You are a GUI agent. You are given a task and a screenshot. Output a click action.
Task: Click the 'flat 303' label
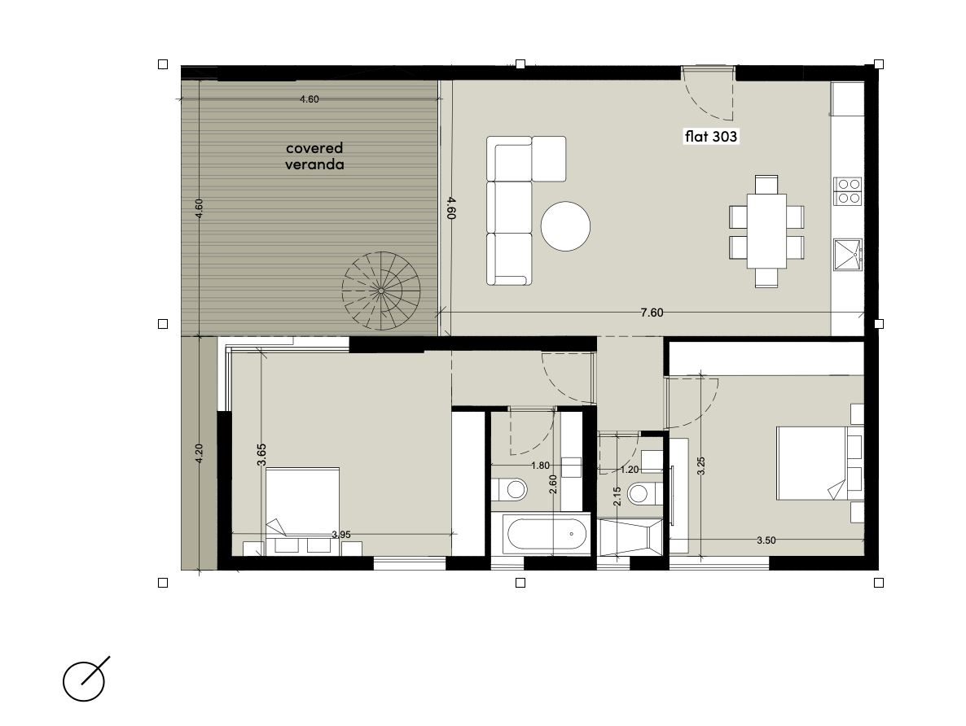tap(711, 136)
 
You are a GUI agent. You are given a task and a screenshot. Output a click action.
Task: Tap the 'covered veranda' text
tap(314, 155)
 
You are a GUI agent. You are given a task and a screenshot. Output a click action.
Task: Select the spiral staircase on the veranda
tap(381, 290)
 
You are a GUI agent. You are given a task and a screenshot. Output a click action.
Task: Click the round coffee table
tap(565, 226)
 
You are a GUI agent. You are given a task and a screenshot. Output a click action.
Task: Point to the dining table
tap(767, 231)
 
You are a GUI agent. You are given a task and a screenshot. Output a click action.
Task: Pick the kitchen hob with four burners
tap(848, 191)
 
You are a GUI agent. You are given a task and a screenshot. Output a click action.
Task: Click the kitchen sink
tap(849, 254)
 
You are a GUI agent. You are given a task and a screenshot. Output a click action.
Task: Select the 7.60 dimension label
tap(652, 313)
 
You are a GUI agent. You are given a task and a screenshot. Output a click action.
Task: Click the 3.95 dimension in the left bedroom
tap(341, 535)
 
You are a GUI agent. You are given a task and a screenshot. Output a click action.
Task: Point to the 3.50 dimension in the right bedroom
tap(766, 540)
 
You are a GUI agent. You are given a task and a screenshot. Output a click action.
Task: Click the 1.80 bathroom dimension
tap(540, 466)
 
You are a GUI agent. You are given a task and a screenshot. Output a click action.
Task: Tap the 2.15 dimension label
tap(617, 496)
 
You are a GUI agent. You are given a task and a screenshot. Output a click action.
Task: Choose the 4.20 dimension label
tap(199, 454)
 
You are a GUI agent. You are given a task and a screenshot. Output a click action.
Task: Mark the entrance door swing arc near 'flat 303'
tap(709, 102)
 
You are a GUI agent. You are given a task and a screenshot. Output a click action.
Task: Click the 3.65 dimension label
tap(261, 454)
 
